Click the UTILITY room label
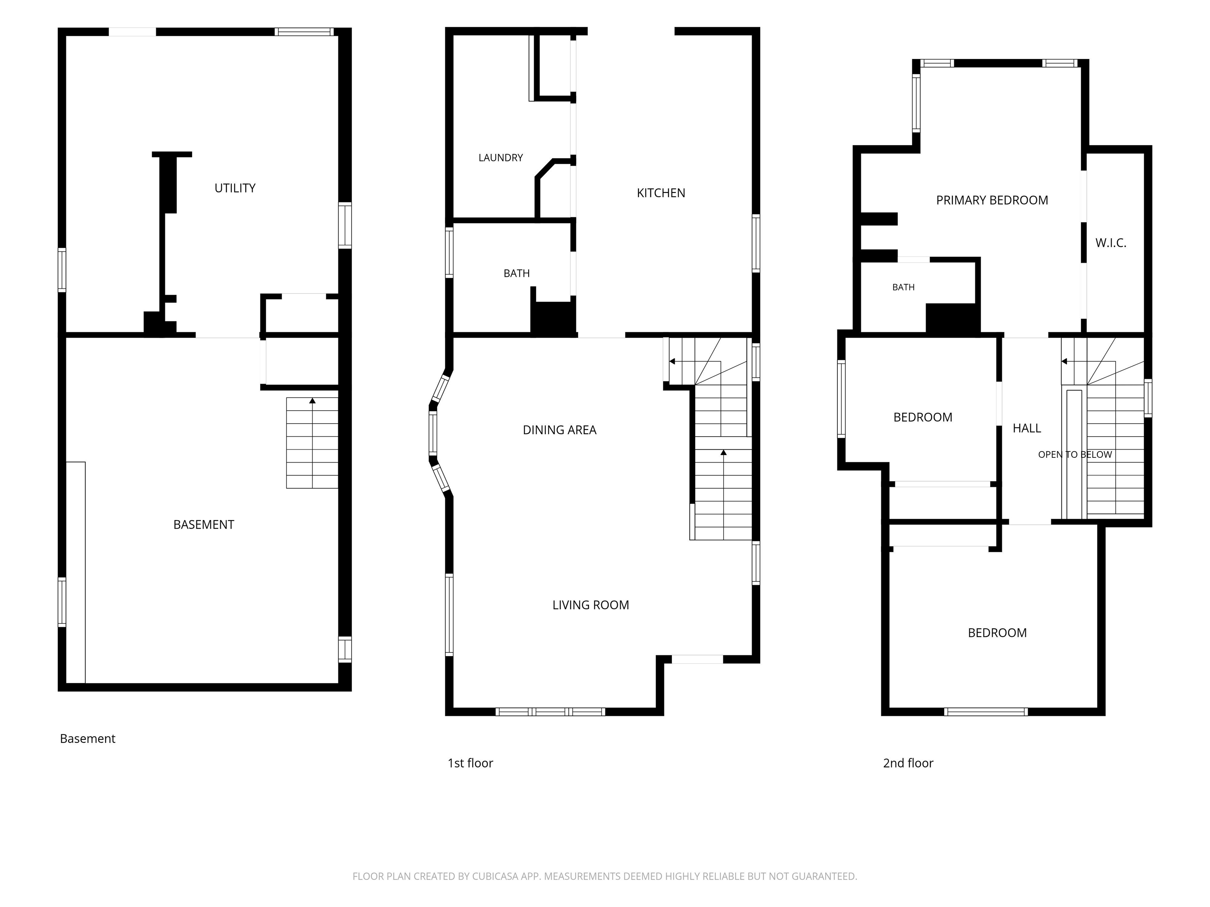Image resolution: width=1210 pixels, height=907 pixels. (235, 188)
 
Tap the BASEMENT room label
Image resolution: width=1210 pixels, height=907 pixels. (204, 525)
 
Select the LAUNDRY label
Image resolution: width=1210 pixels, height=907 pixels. (501, 158)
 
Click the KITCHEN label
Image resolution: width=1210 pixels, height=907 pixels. (661, 193)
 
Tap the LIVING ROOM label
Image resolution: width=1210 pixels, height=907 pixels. (591, 605)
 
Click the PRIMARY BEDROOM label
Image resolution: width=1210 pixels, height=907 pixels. (992, 201)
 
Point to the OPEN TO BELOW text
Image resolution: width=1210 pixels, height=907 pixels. (1075, 455)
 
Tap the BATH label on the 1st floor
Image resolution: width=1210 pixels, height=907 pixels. (516, 273)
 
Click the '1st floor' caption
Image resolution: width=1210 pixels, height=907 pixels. (470, 763)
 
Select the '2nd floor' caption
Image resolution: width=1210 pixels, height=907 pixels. (908, 763)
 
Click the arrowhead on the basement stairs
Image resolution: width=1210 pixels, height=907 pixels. (312, 401)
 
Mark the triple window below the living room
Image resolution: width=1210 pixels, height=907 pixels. (550, 712)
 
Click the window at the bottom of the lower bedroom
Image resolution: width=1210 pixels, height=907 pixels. (986, 712)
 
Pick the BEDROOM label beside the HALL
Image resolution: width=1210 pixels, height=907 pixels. (923, 418)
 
